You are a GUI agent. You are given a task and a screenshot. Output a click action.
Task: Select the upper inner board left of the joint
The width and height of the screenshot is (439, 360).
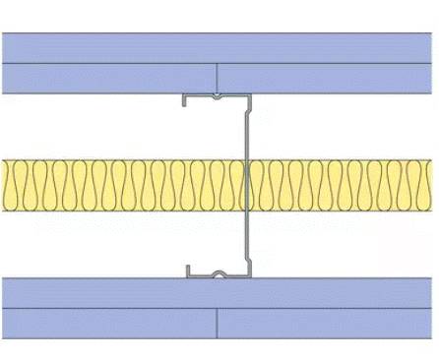pyautogui.click(x=108, y=78)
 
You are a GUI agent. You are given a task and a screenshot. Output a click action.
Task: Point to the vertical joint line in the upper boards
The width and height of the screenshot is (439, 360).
pyautogui.click(x=217, y=78)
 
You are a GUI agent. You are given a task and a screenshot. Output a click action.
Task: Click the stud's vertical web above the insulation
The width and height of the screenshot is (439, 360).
pyautogui.click(x=247, y=128)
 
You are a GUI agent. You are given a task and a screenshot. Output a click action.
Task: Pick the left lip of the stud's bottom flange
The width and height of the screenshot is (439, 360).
pyautogui.click(x=187, y=270)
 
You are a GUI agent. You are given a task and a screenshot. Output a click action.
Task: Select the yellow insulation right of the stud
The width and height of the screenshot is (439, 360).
pyautogui.click(x=345, y=187)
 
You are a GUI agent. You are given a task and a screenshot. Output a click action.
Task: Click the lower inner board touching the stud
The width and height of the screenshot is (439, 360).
pyautogui.click(x=219, y=292)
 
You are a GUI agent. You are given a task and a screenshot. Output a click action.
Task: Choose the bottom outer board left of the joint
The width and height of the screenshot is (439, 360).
pyautogui.click(x=108, y=323)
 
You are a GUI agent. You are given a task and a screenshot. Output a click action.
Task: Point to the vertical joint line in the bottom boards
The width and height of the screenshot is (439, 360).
pyautogui.click(x=217, y=323)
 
